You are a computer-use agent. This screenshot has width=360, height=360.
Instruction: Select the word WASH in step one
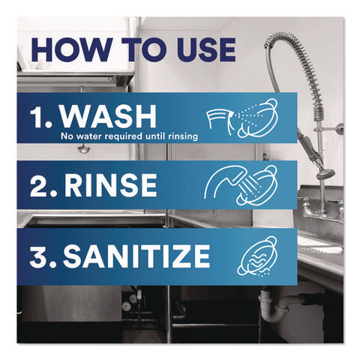point(109,116)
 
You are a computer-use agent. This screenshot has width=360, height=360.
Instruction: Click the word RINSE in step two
point(110,185)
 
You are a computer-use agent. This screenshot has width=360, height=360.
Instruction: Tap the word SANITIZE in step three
point(136,256)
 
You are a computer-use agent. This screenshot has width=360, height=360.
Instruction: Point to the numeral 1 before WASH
point(38,116)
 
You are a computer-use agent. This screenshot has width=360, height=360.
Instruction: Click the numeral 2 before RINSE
point(40,185)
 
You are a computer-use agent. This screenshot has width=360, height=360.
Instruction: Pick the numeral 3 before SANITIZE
point(40,256)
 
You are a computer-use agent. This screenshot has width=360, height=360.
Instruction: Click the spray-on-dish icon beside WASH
point(242,118)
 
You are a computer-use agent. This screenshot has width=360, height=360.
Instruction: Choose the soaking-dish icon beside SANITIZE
point(256,256)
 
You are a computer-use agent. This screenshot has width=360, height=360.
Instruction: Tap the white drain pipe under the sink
point(275,307)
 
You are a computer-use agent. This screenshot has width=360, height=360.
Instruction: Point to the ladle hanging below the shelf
point(82,149)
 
